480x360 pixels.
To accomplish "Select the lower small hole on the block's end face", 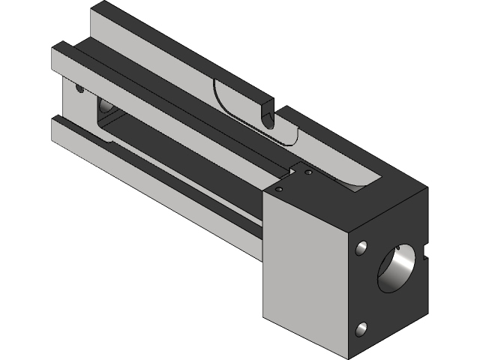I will pos(361,328).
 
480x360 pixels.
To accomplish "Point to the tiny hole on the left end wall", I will pos(80,88).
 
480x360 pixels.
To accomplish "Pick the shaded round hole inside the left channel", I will pos(104,109).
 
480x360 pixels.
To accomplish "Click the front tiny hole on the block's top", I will pos(279,190).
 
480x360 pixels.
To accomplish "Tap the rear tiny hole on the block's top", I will pos(307,173).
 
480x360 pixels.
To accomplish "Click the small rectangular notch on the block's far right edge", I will pos(427,250).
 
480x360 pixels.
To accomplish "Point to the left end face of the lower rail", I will pos(57,130).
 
